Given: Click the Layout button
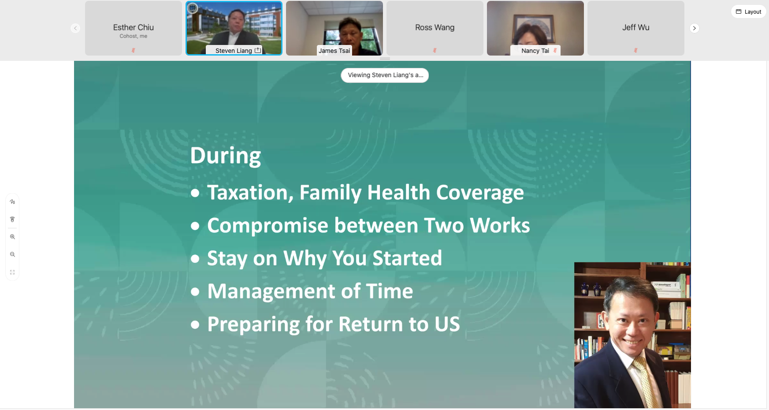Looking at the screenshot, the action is point(748,12).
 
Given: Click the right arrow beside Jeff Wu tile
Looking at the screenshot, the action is point(694,28).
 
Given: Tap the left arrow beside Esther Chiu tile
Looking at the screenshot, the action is point(75,28).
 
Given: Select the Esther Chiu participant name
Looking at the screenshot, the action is point(133,27).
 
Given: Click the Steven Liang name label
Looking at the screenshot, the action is point(234,51).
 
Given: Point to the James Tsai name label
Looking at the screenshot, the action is point(334,51).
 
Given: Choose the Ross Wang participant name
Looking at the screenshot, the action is point(435,27).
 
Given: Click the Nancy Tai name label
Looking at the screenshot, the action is point(535,51).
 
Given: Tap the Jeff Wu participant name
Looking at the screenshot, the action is point(635,27).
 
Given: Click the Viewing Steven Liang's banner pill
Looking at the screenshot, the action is point(385,75).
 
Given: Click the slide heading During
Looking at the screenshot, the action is point(226,156).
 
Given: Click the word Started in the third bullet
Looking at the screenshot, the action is point(407,258).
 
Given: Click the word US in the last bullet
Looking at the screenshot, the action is point(447,324).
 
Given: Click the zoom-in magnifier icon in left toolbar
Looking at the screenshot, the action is point(12,237).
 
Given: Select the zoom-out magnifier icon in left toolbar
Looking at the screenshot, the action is point(12,254).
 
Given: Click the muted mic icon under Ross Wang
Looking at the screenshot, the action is point(435,50).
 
